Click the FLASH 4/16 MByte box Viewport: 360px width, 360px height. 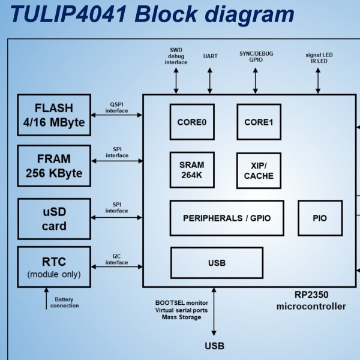coord(54,115)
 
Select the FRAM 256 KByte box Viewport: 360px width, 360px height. coord(54,166)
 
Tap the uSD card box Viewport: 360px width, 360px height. coord(54,218)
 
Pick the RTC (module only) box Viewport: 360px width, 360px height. coord(54,267)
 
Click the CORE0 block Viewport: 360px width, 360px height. coord(192,122)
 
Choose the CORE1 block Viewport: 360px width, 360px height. coord(259,122)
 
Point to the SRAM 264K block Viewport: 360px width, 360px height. coord(192,170)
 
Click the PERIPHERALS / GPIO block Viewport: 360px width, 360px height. coord(227,218)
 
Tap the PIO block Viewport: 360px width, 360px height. coord(320,218)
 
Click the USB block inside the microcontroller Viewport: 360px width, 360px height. coord(217,263)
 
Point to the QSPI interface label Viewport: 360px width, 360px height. coord(116,107)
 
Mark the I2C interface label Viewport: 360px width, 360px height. coord(116,259)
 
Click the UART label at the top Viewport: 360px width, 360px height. coord(211,56)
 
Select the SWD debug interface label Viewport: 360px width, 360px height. coord(176,56)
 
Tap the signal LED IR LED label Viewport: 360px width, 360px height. coord(319,57)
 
